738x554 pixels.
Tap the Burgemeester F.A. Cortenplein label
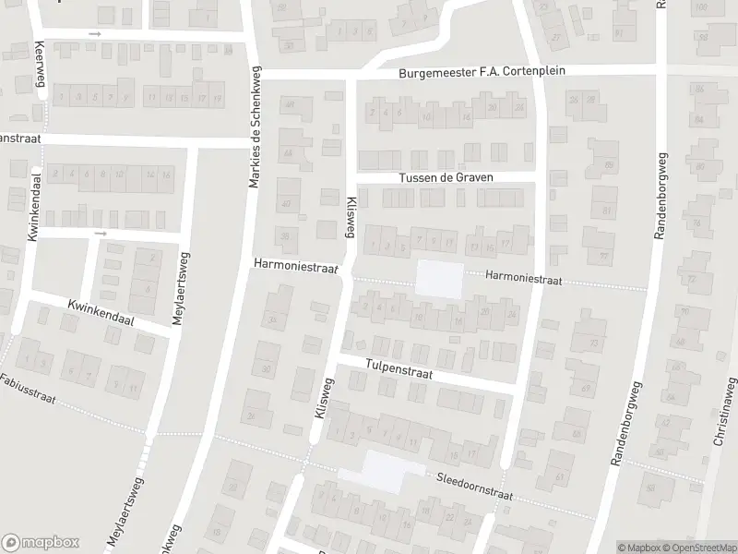click(x=482, y=71)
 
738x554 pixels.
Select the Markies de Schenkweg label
click(x=256, y=127)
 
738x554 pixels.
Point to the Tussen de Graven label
click(x=446, y=177)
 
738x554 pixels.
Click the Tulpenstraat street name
click(x=399, y=367)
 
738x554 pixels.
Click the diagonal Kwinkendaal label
click(x=101, y=311)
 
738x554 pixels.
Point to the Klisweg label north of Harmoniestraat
click(x=351, y=218)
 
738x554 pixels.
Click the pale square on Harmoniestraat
click(x=440, y=280)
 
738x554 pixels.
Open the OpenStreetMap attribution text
click(x=697, y=548)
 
